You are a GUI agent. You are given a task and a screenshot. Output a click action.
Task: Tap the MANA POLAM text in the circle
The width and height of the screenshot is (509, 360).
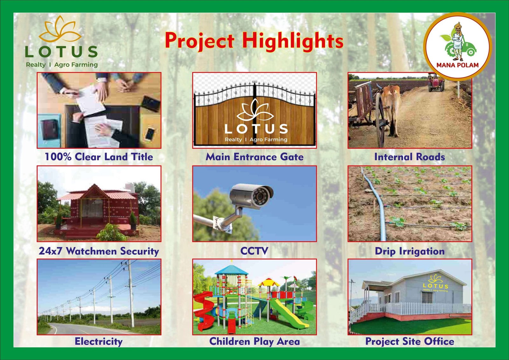(x=457, y=65)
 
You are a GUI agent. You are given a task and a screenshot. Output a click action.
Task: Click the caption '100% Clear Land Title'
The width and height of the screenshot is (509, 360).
(x=99, y=157)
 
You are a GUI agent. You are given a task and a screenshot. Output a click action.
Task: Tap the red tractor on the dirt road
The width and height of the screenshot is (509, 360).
(x=436, y=82)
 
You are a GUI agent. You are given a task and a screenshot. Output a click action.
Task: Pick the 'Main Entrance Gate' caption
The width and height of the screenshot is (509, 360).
(x=254, y=157)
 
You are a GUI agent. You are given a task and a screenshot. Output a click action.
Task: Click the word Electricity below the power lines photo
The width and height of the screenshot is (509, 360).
(x=99, y=341)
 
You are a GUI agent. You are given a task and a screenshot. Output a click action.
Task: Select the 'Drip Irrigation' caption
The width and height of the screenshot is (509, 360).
(x=410, y=251)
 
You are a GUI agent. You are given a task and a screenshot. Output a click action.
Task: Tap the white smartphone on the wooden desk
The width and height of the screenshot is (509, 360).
(x=150, y=134)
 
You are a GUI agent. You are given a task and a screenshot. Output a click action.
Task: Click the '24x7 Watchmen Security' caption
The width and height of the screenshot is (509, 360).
(x=99, y=251)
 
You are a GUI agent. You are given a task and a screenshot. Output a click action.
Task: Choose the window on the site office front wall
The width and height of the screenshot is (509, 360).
(x=427, y=297)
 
